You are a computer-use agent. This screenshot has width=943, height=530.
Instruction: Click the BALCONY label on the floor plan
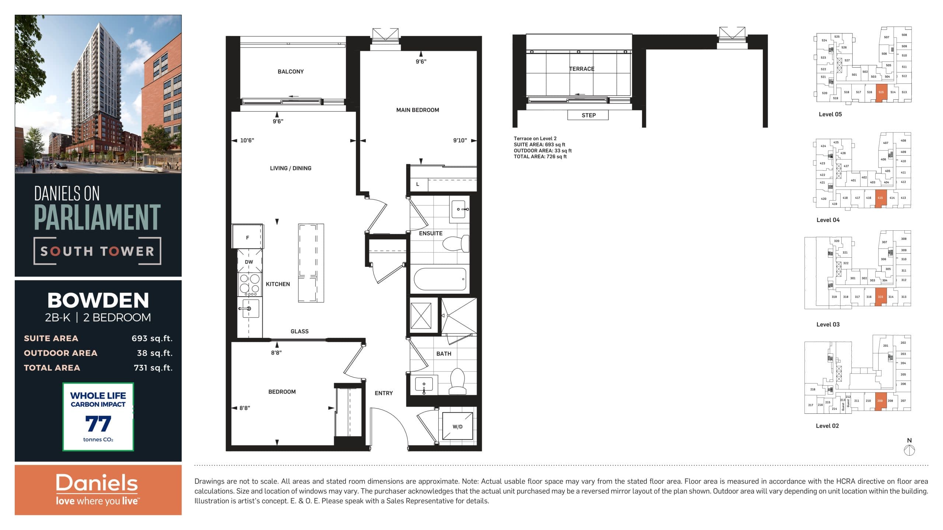click(291, 71)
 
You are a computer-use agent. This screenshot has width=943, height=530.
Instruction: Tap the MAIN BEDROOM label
click(417, 110)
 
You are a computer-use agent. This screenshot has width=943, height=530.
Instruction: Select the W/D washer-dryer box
click(457, 426)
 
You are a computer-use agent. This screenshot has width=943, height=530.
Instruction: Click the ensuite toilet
click(456, 243)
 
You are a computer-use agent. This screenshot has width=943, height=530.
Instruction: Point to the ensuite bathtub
click(440, 279)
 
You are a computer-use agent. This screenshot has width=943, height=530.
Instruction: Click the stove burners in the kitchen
click(249, 284)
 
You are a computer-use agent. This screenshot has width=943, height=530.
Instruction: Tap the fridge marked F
click(247, 237)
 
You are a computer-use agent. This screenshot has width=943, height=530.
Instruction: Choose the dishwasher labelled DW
click(249, 262)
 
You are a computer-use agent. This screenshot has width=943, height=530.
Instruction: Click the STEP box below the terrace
click(588, 115)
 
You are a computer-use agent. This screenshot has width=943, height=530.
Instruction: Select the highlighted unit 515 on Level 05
click(881, 92)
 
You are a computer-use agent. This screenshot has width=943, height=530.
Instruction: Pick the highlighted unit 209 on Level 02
click(880, 401)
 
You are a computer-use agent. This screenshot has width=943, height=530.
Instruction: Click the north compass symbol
click(909, 449)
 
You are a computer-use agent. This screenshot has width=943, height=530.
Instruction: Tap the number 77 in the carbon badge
click(98, 424)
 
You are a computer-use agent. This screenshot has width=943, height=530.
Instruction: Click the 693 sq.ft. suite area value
click(152, 338)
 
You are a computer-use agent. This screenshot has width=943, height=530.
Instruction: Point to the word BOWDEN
click(98, 300)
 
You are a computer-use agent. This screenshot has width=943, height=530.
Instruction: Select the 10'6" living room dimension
click(247, 140)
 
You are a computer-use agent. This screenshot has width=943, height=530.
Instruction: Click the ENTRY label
click(383, 393)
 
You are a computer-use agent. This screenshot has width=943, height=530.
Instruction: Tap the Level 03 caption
click(828, 324)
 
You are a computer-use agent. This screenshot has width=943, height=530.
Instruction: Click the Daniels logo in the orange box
click(97, 483)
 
